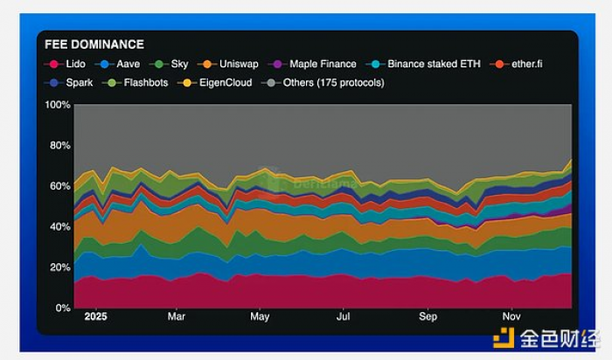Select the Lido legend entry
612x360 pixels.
[x=67, y=64]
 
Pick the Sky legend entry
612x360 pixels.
[x=170, y=64]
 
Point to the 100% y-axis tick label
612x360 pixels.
[x=57, y=105]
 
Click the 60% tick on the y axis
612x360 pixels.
[x=59, y=186]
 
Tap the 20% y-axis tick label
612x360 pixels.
[x=59, y=267]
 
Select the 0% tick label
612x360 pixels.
[x=63, y=308]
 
